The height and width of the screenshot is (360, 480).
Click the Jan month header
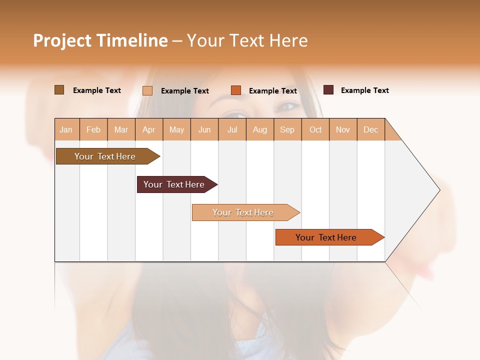(66, 129)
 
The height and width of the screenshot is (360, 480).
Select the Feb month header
(93, 129)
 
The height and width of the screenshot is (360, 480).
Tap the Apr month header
(148, 129)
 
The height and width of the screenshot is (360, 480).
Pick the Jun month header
(204, 129)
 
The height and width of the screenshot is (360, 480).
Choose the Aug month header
(259, 129)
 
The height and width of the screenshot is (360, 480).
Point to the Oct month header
(315, 129)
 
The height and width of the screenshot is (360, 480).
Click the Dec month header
(370, 129)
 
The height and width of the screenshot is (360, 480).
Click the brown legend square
(59, 90)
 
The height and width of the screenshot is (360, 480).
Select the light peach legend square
(147, 90)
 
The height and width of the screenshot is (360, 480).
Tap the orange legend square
(236, 90)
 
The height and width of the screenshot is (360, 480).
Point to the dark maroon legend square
(328, 90)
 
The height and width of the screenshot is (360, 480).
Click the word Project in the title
(61, 40)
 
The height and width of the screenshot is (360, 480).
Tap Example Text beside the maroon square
(364, 90)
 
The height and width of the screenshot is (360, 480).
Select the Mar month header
(121, 129)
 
